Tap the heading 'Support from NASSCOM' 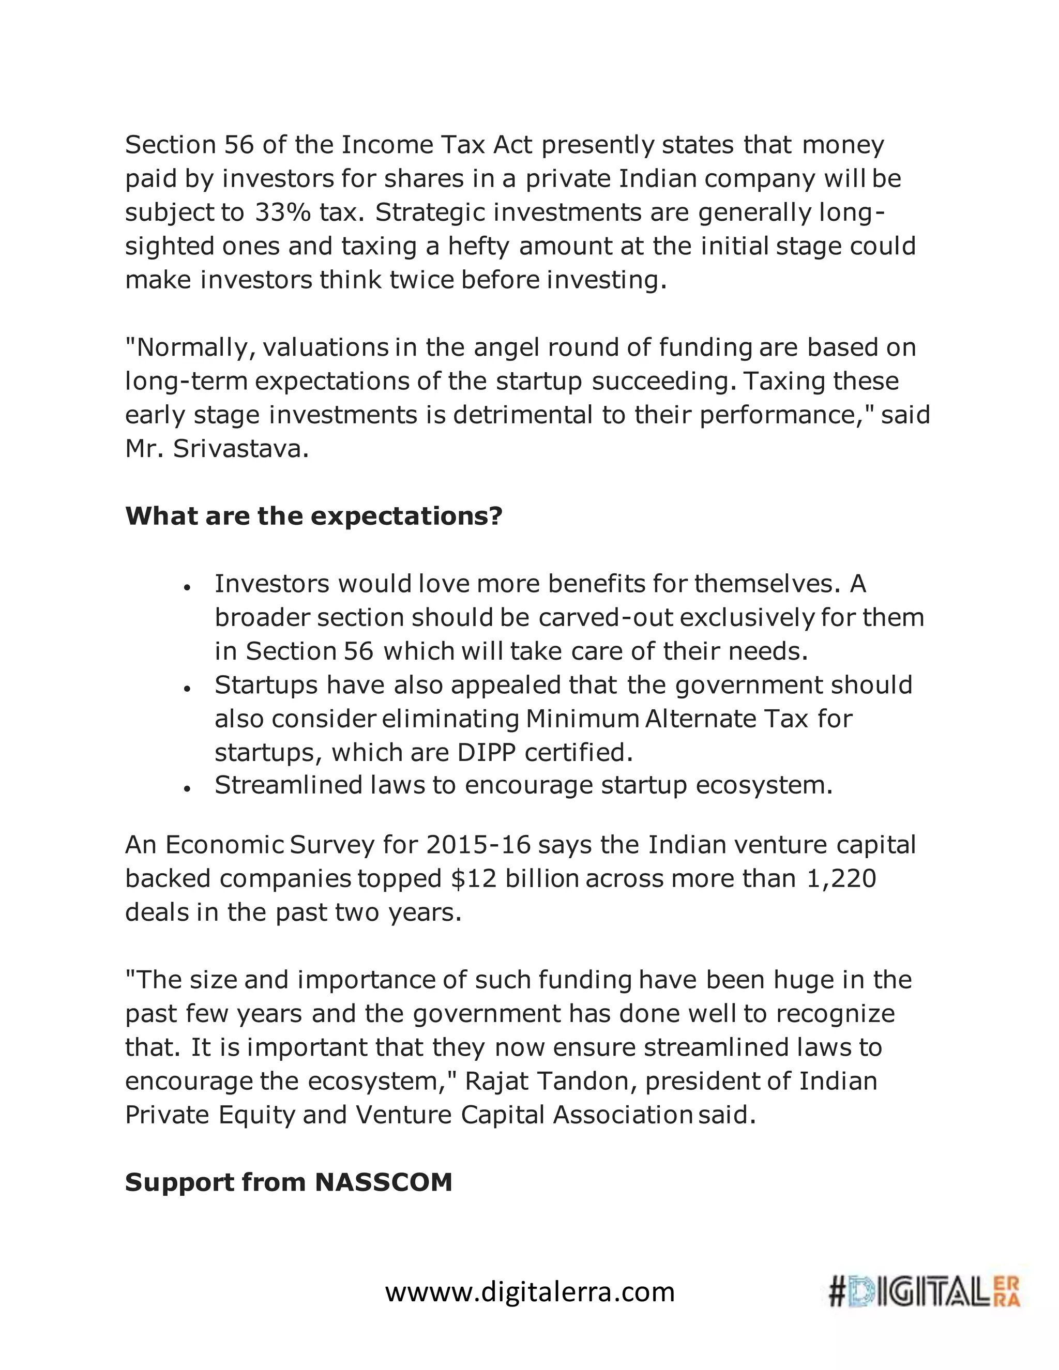click(289, 1182)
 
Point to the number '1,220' click(841, 878)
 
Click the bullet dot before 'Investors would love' click(187, 587)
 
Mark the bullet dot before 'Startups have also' click(187, 688)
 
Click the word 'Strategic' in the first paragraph click(430, 212)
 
